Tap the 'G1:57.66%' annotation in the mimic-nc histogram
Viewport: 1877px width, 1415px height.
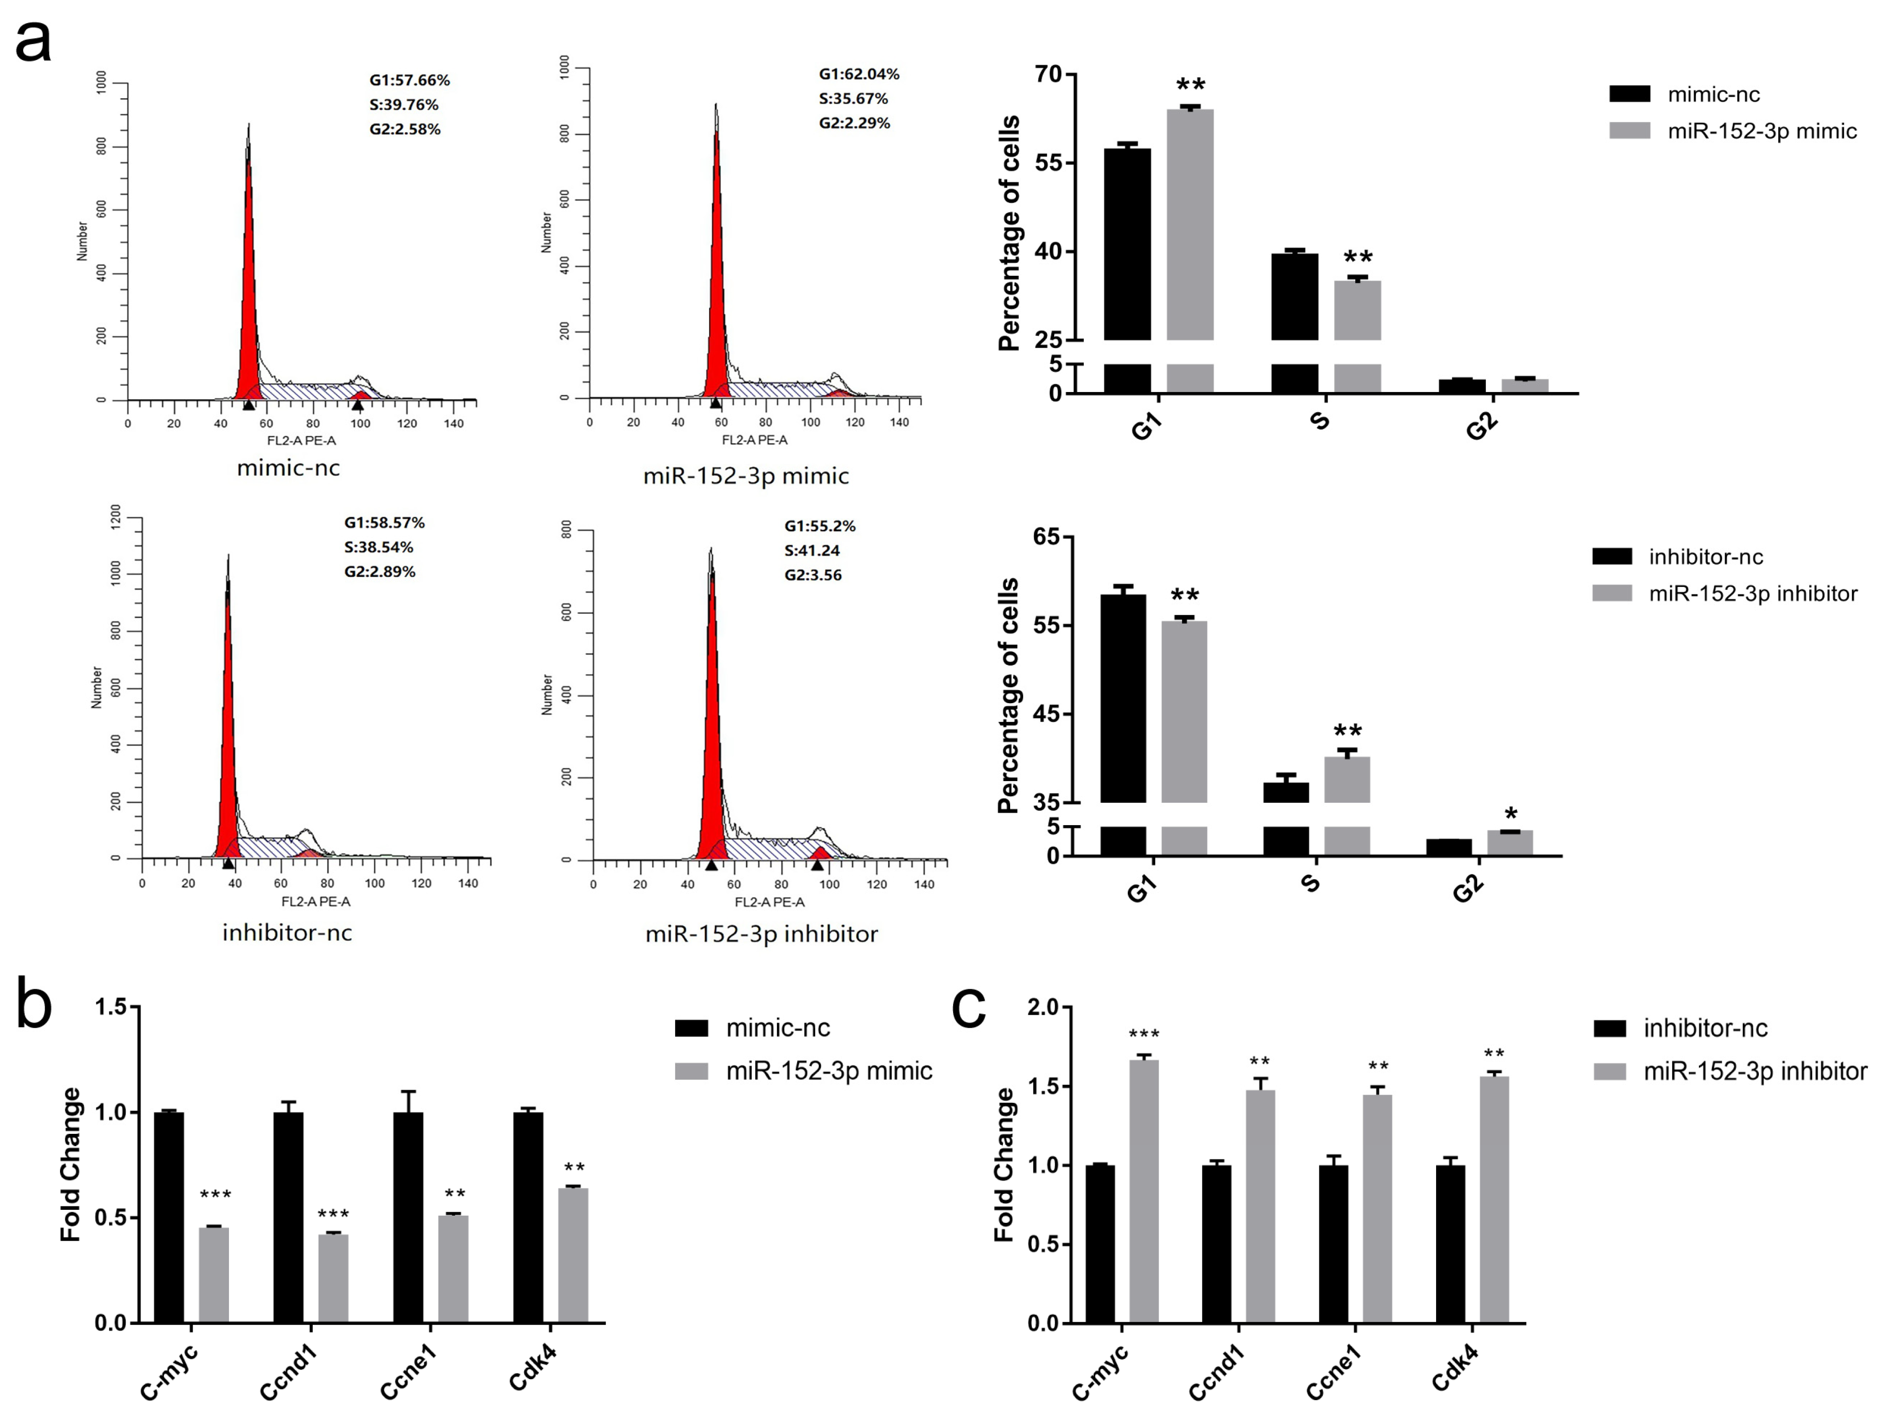pyautogui.click(x=409, y=81)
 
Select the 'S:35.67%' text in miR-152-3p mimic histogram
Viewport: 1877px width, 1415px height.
pyautogui.click(x=853, y=98)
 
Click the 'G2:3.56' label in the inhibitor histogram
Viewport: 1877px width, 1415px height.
pyautogui.click(x=812, y=575)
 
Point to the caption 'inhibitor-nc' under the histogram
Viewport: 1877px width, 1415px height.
pyautogui.click(x=287, y=933)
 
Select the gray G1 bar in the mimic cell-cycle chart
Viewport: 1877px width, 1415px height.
pyautogui.click(x=1190, y=225)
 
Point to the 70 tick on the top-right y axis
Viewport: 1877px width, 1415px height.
pyautogui.click(x=1049, y=75)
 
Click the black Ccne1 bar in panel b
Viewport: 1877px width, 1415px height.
pyautogui.click(x=408, y=1218)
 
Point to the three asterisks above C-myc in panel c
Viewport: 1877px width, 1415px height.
pyautogui.click(x=1144, y=1034)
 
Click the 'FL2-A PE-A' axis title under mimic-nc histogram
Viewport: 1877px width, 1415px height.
pyautogui.click(x=301, y=440)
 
